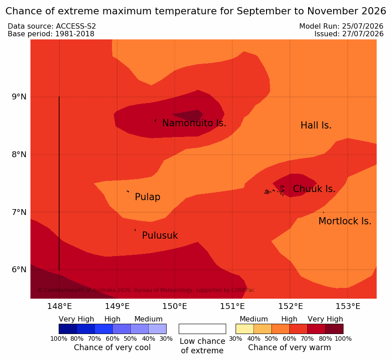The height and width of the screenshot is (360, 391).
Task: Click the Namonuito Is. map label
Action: [x=194, y=123]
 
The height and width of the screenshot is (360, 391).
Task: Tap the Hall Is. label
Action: [x=316, y=125]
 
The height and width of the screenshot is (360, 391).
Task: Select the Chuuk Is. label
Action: [x=314, y=189]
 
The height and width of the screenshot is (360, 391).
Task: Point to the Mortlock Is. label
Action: [x=345, y=221]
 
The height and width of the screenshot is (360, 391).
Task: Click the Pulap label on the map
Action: [x=148, y=197]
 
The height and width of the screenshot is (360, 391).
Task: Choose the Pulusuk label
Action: [x=160, y=236]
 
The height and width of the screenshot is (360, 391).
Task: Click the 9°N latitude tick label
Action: [x=19, y=97]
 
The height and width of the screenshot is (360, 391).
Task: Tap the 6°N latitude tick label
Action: [x=19, y=270]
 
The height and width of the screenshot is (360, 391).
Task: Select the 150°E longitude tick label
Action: [x=175, y=306]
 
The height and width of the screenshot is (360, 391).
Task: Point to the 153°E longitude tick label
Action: [x=348, y=306]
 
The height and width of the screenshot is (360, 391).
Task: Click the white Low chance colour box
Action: [x=202, y=329]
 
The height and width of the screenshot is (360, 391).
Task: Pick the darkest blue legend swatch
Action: [x=68, y=329]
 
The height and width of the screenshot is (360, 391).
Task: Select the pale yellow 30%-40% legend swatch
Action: [x=245, y=329]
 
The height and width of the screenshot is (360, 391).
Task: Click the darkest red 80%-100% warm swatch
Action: [x=335, y=329]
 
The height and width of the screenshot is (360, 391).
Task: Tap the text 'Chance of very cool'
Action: [x=112, y=347]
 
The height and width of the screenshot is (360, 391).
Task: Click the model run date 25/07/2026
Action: [x=363, y=26]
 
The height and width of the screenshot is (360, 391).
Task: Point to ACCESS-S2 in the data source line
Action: [x=76, y=26]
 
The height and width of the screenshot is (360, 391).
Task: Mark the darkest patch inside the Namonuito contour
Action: [x=189, y=115]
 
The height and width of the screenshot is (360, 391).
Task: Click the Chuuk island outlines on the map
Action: [x=275, y=191]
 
